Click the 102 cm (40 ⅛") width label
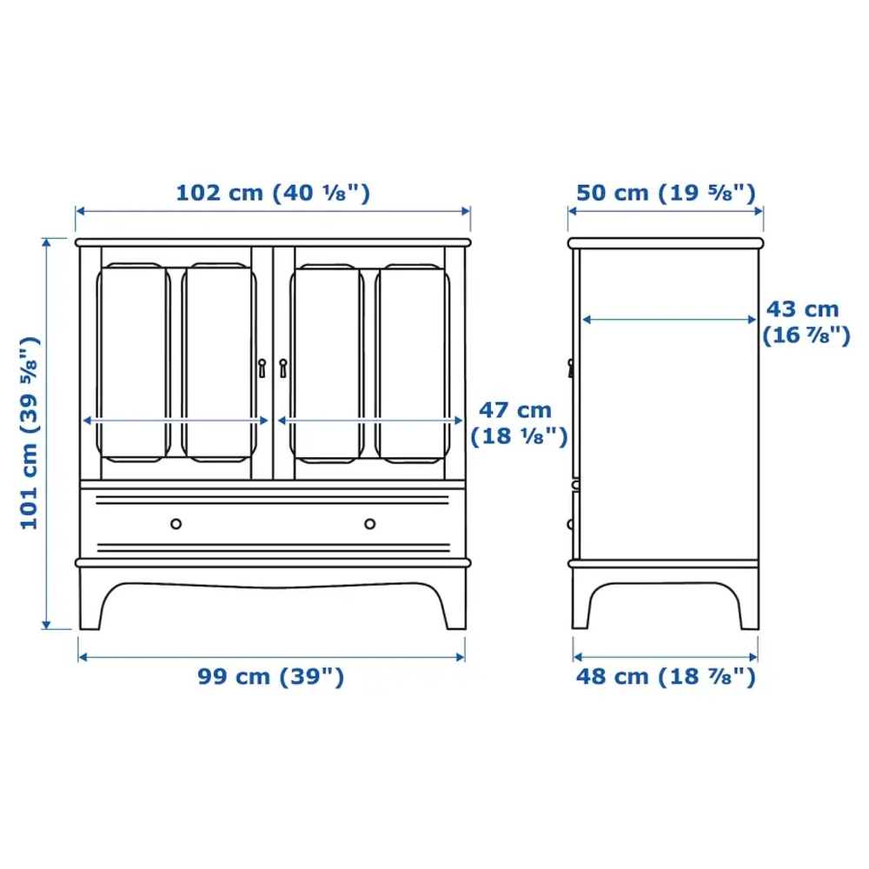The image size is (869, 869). [x=273, y=192]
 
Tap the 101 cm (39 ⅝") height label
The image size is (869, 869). [x=30, y=432]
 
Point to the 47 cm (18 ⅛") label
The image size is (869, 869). [x=519, y=423]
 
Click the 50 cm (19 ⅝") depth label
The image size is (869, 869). [x=666, y=192]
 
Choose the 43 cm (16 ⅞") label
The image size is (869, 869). [x=805, y=322]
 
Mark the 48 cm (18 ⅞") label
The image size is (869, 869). [x=666, y=676]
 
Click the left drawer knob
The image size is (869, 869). [x=176, y=524]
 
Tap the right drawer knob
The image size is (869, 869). [x=370, y=524]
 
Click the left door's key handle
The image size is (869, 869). [x=262, y=368]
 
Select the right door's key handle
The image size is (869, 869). [x=283, y=368]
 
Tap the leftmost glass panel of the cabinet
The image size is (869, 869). [x=132, y=362]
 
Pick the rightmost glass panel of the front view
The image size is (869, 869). [x=413, y=362]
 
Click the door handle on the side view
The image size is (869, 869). [x=571, y=368]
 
